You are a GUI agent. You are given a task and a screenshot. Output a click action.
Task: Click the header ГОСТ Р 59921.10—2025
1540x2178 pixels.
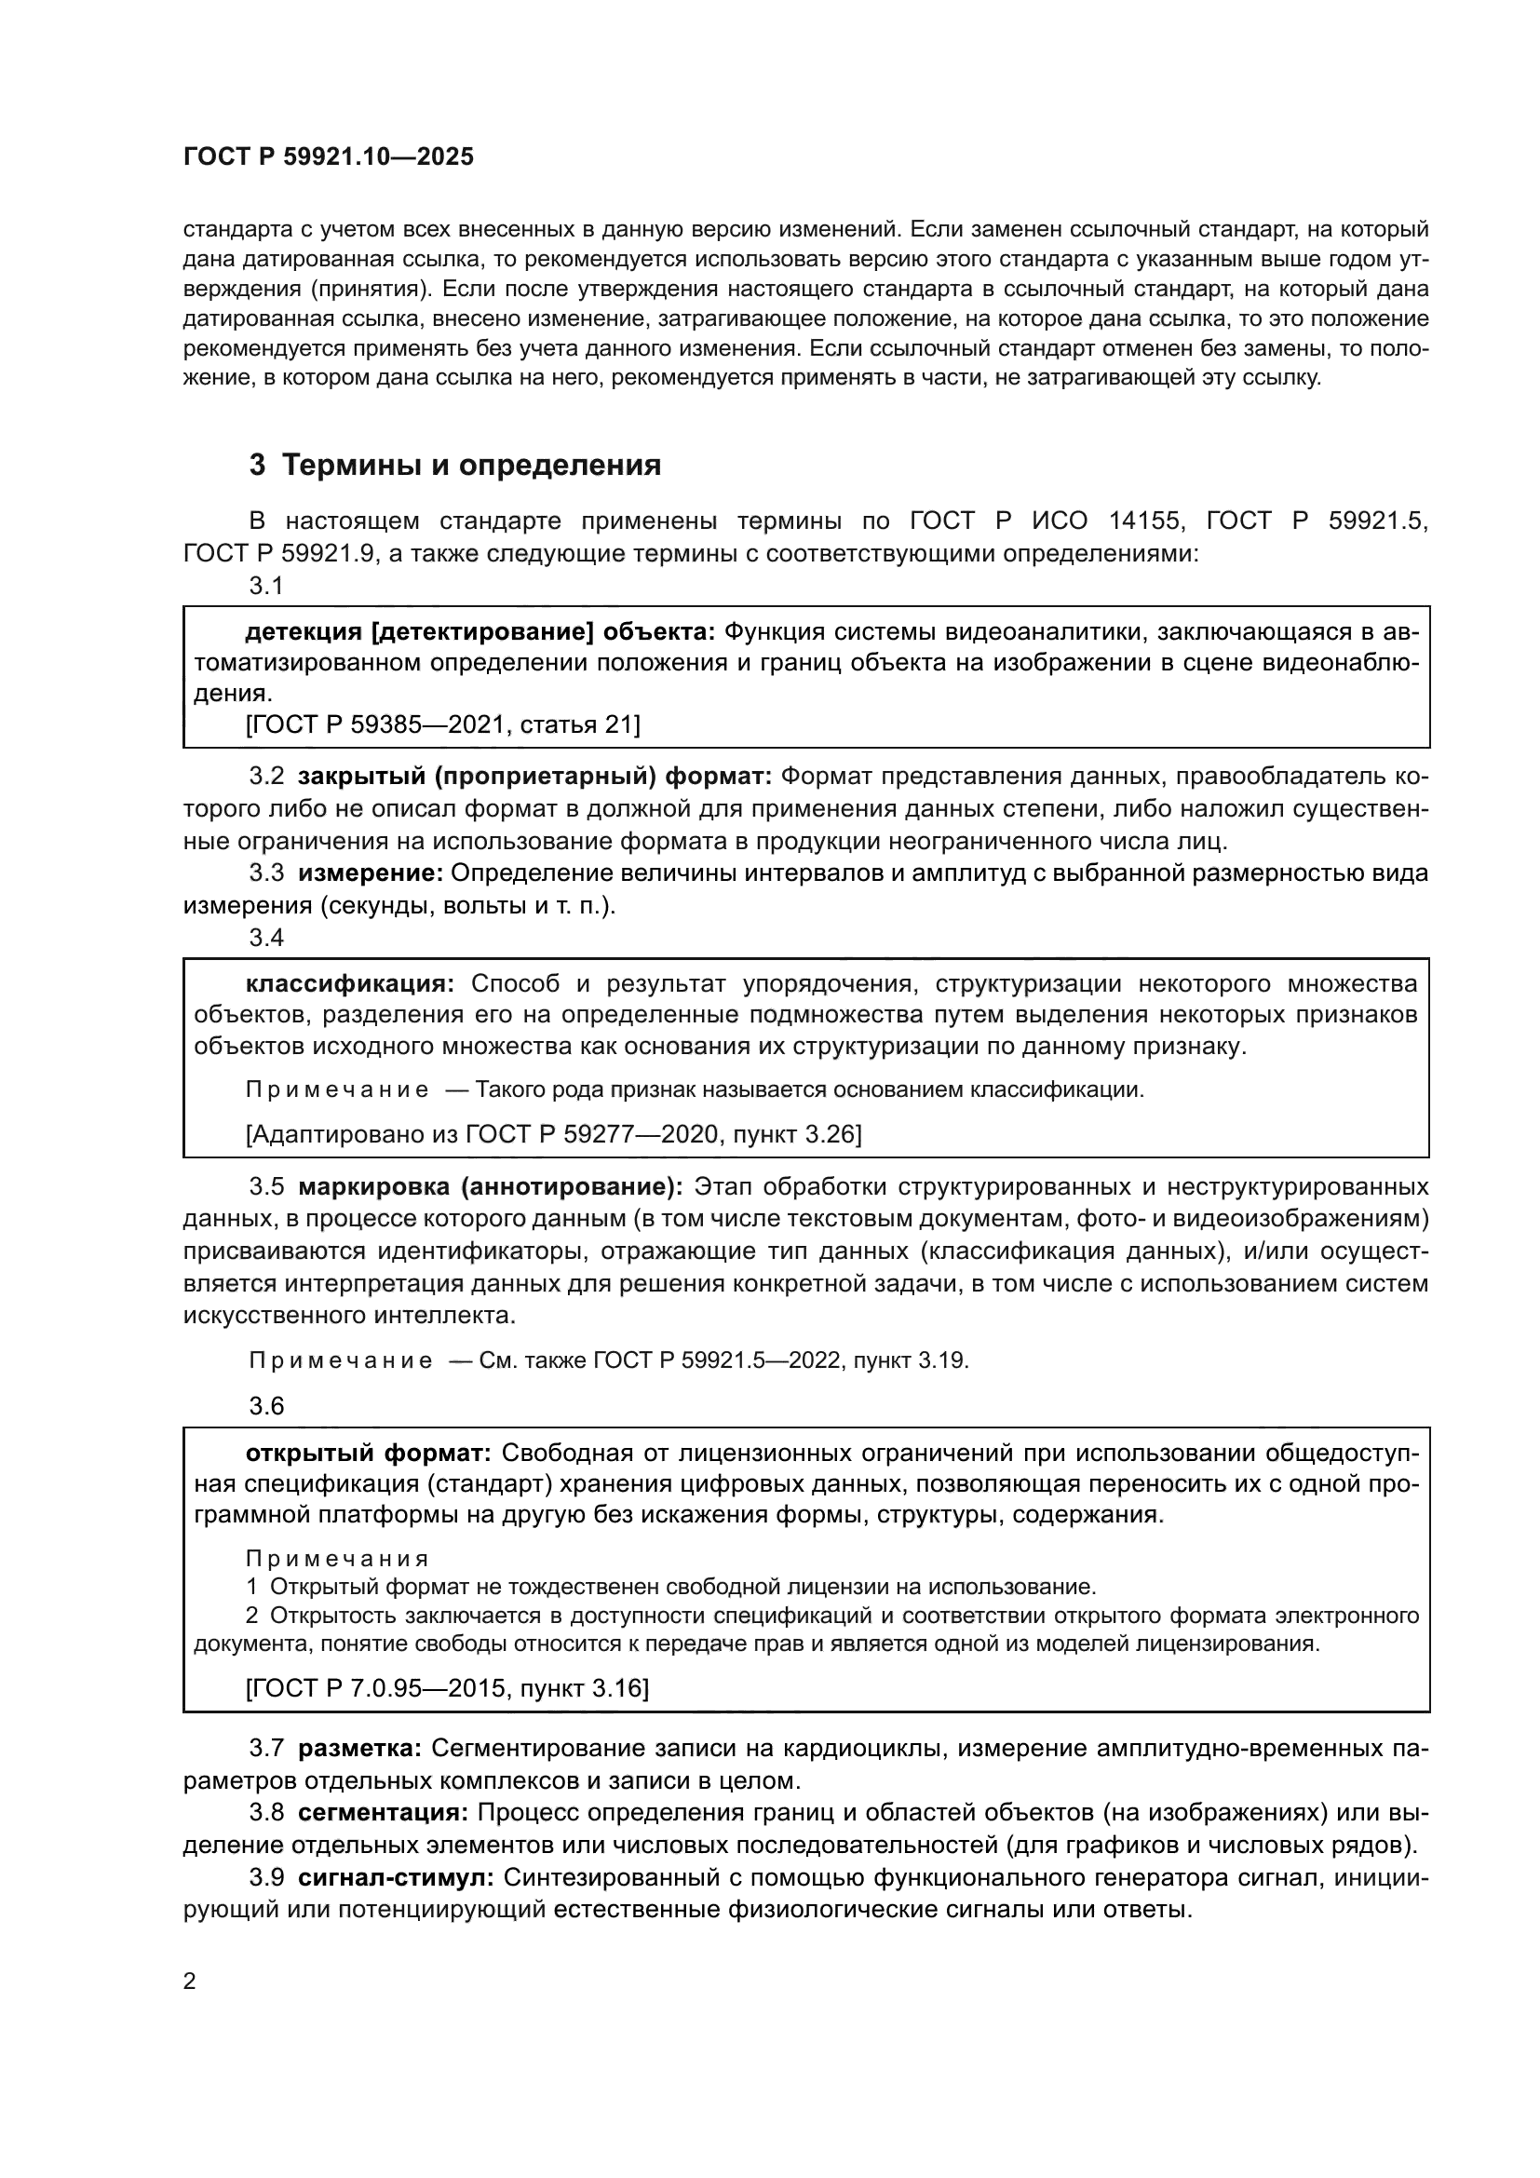tap(328, 157)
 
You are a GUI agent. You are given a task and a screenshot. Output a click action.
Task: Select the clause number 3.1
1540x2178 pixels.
tap(266, 587)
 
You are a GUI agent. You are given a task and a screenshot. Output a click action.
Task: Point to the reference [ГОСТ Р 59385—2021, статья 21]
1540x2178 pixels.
tap(443, 724)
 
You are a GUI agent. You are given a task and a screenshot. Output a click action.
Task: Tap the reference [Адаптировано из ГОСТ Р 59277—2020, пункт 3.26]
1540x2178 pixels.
tap(554, 1133)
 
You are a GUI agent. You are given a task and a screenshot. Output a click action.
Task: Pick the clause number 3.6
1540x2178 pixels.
tap(266, 1406)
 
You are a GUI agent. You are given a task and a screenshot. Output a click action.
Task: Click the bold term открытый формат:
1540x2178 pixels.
tap(368, 1453)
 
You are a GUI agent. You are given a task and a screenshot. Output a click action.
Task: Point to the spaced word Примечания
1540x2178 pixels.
tap(337, 1559)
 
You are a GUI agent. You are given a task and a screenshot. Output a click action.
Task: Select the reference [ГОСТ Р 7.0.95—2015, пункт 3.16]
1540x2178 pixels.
tap(447, 1687)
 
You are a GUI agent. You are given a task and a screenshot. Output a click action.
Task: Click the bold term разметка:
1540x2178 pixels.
tap(359, 1747)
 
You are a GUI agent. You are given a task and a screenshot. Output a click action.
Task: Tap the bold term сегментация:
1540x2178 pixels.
tap(383, 1813)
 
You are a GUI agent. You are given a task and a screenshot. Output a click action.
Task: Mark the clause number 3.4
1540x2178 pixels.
tap(266, 938)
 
